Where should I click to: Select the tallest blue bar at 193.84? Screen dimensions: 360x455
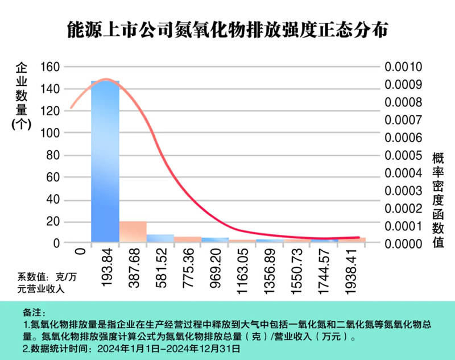[x=105, y=162]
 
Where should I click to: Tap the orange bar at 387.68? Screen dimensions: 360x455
[x=133, y=231]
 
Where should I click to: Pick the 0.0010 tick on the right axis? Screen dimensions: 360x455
[x=403, y=67]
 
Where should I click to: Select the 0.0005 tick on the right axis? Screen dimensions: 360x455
[x=403, y=155]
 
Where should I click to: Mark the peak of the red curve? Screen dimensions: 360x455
[x=106, y=79]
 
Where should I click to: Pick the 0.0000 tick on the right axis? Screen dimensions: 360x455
[x=403, y=243]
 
